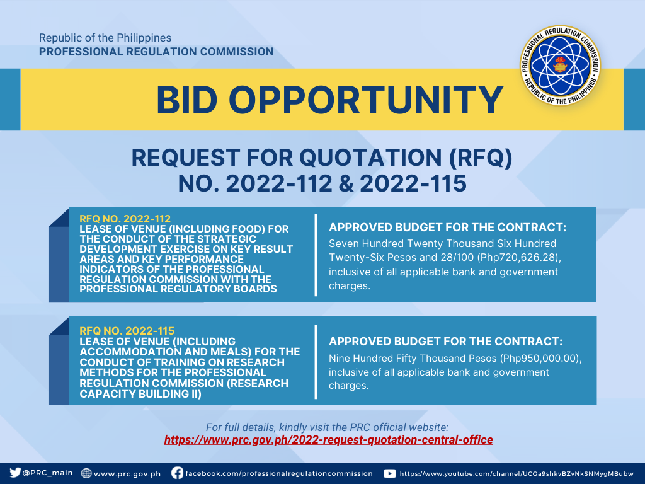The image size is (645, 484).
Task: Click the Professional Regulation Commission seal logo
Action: (x=560, y=66)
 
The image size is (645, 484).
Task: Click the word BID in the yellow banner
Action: (x=186, y=100)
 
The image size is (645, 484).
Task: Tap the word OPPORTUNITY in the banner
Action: (x=366, y=100)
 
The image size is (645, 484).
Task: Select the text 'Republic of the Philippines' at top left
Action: (x=105, y=38)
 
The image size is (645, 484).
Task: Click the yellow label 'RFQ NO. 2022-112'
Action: (x=125, y=219)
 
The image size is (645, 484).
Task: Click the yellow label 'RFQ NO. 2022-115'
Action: (x=127, y=330)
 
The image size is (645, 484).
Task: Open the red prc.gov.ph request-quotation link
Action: (x=328, y=440)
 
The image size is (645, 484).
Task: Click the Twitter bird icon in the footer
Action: (x=15, y=473)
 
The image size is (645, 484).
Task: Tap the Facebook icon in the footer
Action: (x=177, y=473)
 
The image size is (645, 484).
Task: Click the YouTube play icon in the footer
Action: (x=389, y=473)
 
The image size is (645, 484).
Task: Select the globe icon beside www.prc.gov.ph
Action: (x=86, y=473)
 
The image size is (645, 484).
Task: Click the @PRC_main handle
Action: (x=47, y=473)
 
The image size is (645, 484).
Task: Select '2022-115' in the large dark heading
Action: (x=413, y=183)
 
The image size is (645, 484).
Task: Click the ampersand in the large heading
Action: (x=346, y=183)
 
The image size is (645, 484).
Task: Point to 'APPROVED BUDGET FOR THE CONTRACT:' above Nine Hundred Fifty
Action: (x=445, y=342)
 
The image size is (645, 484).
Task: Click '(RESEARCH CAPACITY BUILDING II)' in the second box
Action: (x=184, y=388)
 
